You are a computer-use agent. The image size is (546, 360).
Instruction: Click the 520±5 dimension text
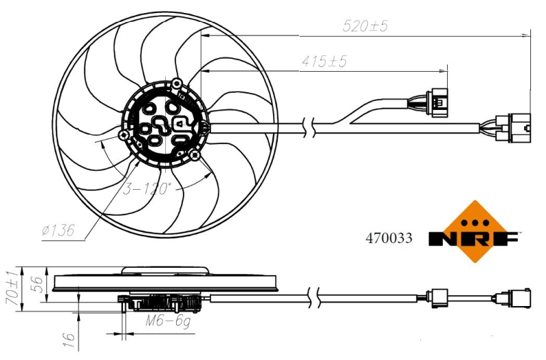[365, 26]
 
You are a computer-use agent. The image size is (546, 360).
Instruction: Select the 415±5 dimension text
[324, 61]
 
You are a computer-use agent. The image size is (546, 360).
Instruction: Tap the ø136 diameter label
[58, 230]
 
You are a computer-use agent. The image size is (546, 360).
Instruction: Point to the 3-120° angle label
[147, 189]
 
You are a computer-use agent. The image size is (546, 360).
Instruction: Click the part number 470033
[388, 238]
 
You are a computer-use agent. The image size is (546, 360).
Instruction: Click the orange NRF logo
[474, 232]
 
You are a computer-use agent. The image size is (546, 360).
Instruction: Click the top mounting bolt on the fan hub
[177, 83]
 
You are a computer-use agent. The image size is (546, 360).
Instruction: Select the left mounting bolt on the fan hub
[123, 135]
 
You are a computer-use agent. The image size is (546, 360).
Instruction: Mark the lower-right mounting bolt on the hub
[195, 156]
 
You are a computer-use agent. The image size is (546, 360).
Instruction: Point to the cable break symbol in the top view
[308, 128]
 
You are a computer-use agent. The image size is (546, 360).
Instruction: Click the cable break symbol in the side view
[313, 299]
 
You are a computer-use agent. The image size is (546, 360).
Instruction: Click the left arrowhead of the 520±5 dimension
[205, 36]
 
